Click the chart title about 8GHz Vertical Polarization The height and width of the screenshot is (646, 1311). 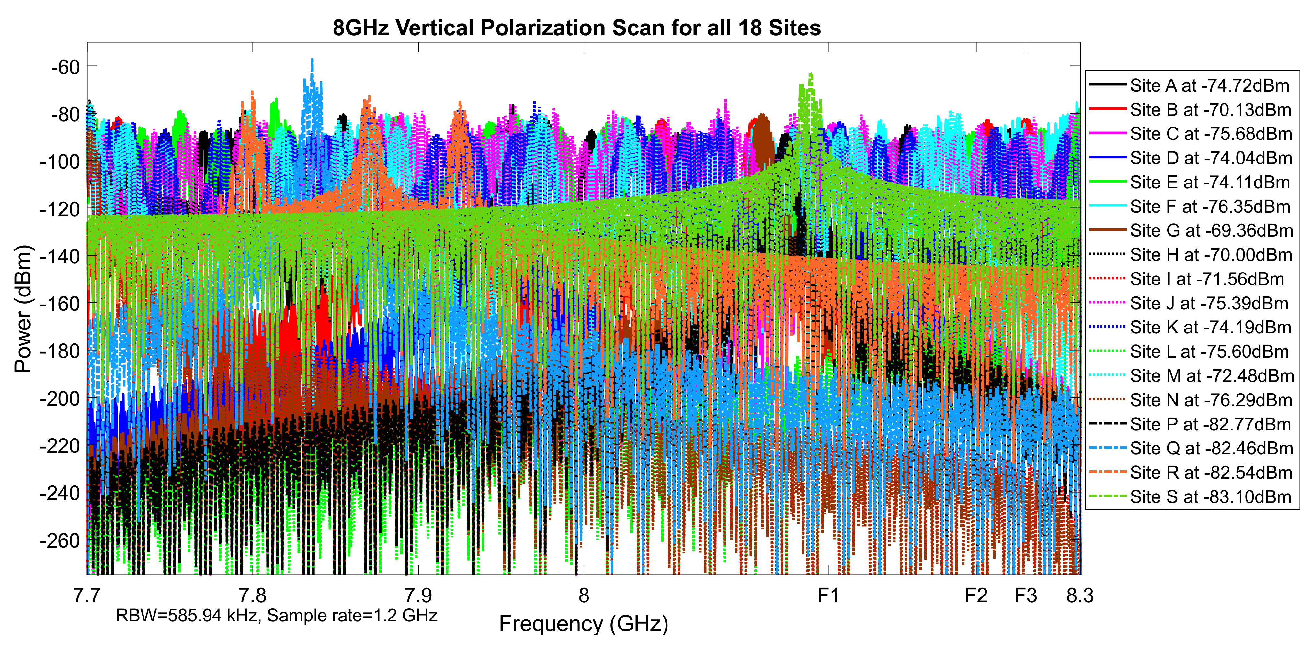576,28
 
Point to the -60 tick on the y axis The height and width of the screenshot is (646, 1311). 66,67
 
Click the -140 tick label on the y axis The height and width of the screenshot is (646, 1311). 60,256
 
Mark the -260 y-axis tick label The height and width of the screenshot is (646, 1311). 60,541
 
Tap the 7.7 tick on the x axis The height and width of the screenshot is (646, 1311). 87,595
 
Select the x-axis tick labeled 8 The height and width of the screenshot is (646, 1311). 584,595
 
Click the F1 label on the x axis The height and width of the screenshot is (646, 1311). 828,595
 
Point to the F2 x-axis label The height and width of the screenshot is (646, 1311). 976,595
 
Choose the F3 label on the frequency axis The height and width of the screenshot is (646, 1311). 1025,595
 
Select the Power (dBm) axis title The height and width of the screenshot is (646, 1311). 23,309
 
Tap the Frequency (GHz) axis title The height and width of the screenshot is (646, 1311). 584,624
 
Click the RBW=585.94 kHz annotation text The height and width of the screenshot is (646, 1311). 276,616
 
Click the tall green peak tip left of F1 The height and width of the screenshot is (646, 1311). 810,75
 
